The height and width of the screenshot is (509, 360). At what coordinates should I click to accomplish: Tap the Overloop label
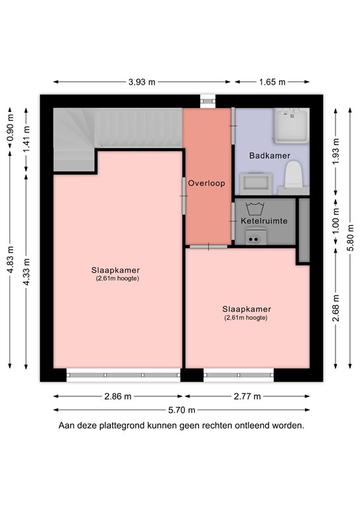click(206, 183)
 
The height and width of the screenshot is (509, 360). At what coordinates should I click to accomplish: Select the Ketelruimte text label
click(264, 221)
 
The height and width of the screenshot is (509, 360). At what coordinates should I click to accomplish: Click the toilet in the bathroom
click(293, 177)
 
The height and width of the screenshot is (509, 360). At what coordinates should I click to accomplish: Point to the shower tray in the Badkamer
click(292, 125)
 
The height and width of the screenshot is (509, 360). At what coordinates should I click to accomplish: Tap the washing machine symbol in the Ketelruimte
click(251, 208)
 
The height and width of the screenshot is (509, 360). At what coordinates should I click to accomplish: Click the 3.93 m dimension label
click(142, 82)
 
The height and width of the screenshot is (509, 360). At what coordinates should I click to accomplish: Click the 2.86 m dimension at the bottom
click(118, 396)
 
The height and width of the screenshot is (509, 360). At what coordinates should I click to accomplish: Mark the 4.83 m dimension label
click(10, 268)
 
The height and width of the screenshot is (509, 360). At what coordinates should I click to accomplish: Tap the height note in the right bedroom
click(247, 318)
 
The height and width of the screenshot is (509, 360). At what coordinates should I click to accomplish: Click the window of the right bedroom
click(239, 375)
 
